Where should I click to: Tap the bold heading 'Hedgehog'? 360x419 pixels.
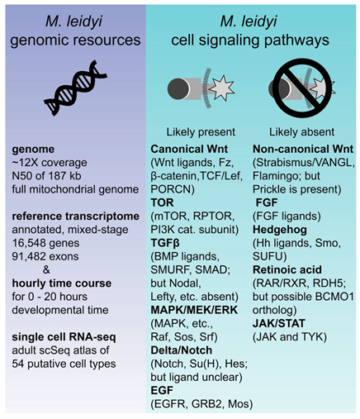tap(277, 240)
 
